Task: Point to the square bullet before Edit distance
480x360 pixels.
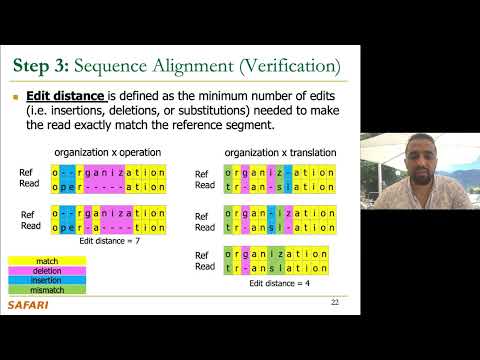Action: pyautogui.click(x=17, y=98)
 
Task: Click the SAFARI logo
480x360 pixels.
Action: pyautogui.click(x=29, y=305)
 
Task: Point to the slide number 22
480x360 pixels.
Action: pyautogui.click(x=334, y=303)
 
